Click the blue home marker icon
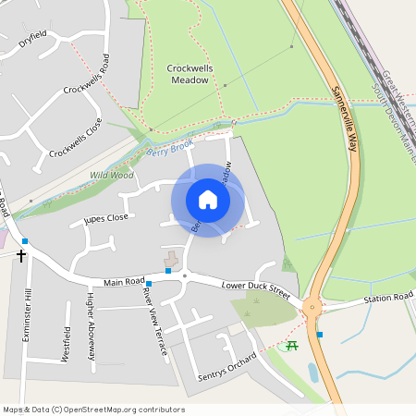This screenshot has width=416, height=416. pos(208,200)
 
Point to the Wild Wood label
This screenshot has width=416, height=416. pos(111,175)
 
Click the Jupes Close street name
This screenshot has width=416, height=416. pos(105,219)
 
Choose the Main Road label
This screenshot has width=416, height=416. pos(124,281)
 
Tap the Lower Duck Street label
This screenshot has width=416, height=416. pos(256,291)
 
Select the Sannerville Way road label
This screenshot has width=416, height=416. pos(343,113)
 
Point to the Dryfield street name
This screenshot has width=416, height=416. pos(32,40)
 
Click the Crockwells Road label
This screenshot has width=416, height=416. pos(87,75)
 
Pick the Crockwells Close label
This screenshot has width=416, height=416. pos(76,137)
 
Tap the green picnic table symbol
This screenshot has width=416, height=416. pos(292,346)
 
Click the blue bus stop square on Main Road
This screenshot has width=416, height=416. pos(149,284)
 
